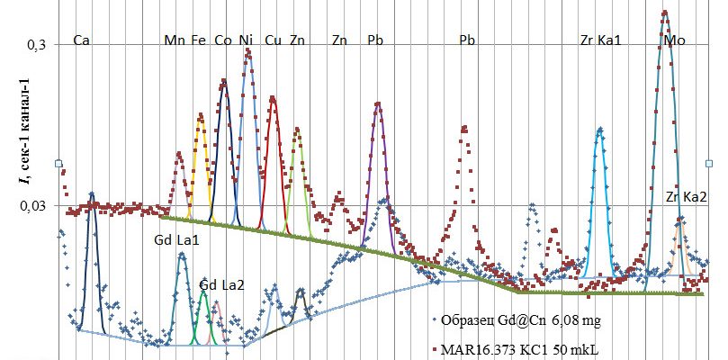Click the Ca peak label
(81, 40)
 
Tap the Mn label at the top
(175, 40)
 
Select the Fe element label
(198, 40)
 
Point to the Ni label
(247, 40)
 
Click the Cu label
(274, 40)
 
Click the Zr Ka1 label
(600, 40)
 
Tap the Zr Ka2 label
(686, 197)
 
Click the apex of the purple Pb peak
(377, 104)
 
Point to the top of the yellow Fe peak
(200, 115)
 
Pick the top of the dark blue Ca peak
(92, 193)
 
